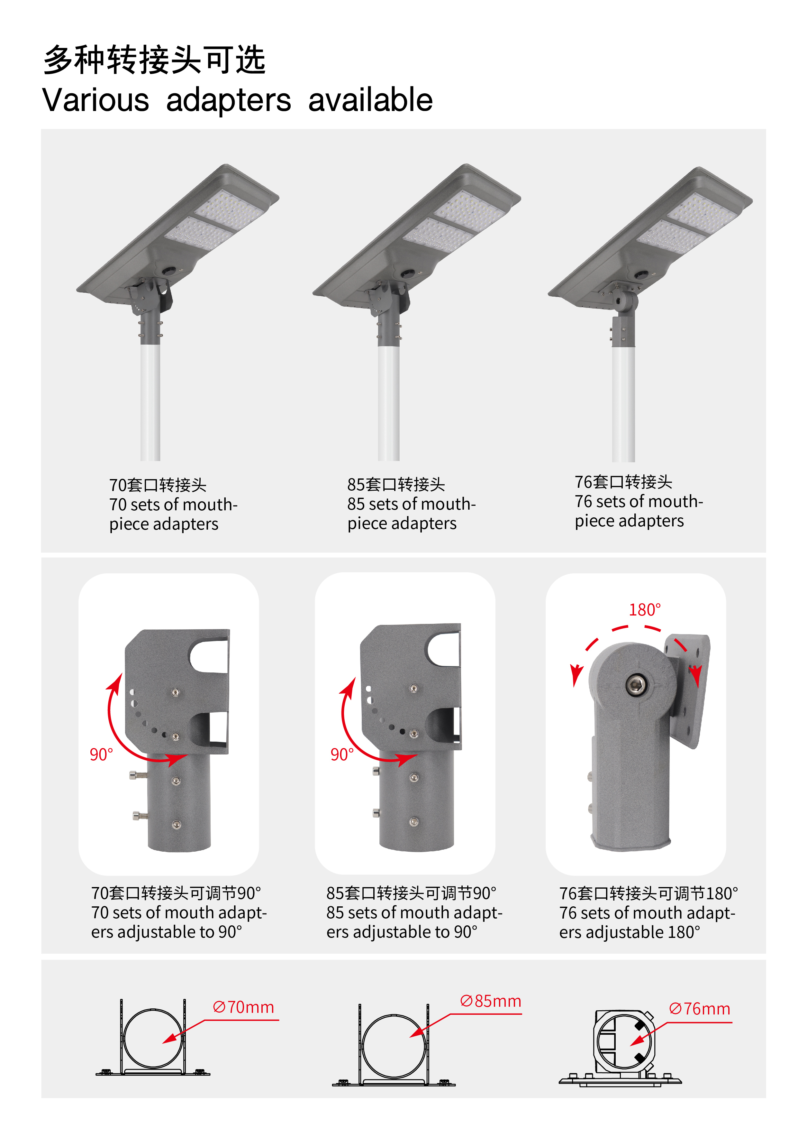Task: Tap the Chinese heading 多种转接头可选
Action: click(x=154, y=60)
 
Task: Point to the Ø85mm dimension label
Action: click(x=490, y=1001)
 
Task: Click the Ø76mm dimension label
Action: click(x=700, y=1009)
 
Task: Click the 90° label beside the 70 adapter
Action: click(x=101, y=754)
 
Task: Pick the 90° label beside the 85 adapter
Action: click(x=342, y=754)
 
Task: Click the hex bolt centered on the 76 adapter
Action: click(x=637, y=685)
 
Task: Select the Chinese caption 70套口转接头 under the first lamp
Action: click(x=158, y=485)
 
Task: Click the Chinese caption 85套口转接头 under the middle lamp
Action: click(x=396, y=484)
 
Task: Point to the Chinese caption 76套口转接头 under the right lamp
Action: click(x=623, y=482)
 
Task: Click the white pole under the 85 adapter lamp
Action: click(x=389, y=403)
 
